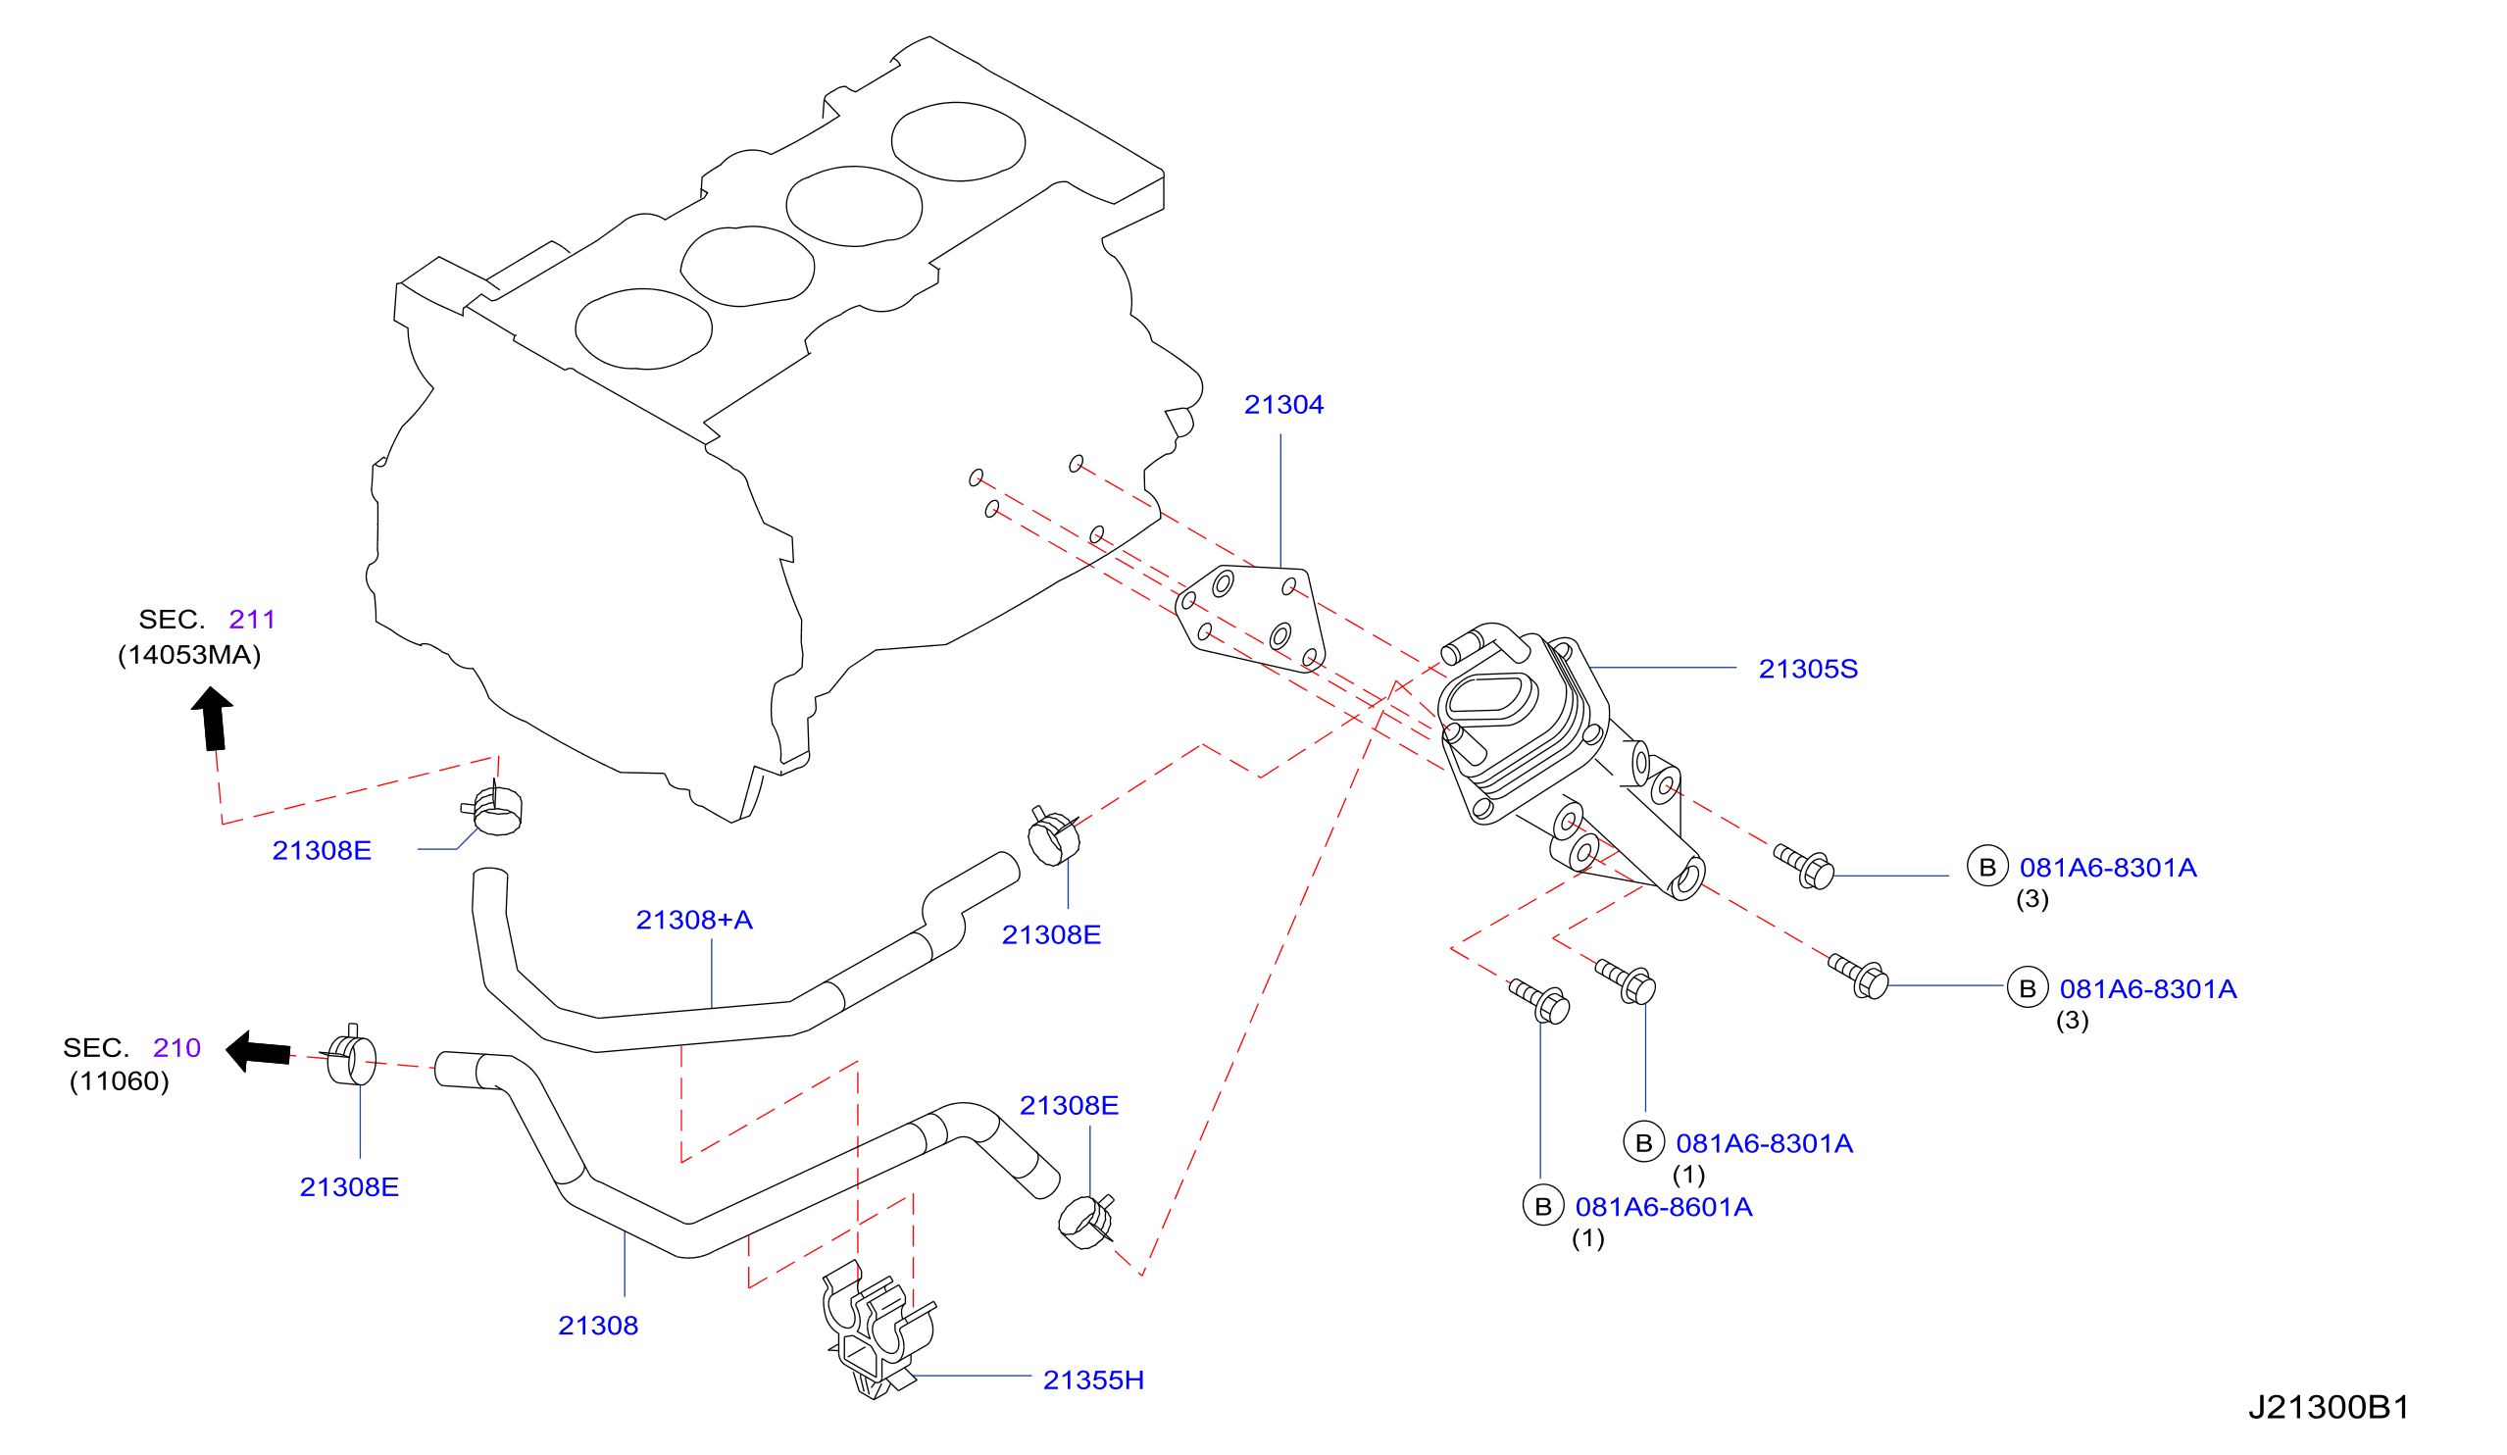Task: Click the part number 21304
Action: [x=1283, y=405]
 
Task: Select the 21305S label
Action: [x=1808, y=670]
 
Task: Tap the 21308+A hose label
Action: [x=694, y=920]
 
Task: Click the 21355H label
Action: [x=1093, y=1380]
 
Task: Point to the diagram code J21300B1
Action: [x=2328, y=1407]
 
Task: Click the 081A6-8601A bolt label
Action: [x=1664, y=1207]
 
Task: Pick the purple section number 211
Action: [x=252, y=620]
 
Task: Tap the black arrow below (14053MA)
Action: [x=213, y=719]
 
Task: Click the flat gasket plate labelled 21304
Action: [x=1251, y=619]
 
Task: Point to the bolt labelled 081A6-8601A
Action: [x=1539, y=1001]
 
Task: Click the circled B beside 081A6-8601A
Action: [x=1543, y=1206]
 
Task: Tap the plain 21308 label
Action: [x=598, y=1326]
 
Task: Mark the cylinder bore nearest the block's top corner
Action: [x=957, y=141]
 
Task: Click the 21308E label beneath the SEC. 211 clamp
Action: [x=322, y=850]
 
